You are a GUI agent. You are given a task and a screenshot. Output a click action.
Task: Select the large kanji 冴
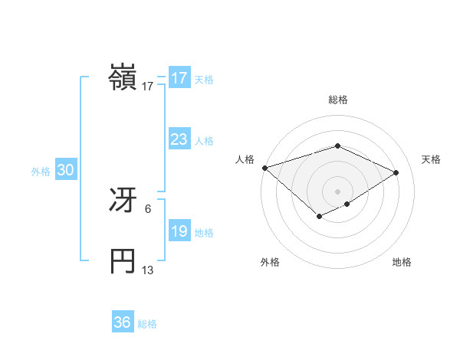pos(123,201)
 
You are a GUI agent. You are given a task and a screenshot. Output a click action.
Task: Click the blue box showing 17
pos(179,78)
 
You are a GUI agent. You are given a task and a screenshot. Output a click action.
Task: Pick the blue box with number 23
pos(179,139)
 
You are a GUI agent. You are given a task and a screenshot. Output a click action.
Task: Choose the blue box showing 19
pos(179,231)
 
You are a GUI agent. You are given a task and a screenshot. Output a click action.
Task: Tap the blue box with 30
pos(65,171)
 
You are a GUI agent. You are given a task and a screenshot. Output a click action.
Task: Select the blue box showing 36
pos(123,322)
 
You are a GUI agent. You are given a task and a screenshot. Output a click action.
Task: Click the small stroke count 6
pos(148,208)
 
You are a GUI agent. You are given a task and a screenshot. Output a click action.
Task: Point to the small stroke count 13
pos(148,270)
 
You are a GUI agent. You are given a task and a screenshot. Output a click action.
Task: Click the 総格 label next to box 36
pos(147,324)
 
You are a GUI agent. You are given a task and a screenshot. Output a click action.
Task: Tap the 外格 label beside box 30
pos(41,172)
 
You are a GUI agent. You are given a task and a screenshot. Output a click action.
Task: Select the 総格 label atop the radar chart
pos(337,100)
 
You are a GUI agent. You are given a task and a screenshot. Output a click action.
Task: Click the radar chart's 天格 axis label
pos(432,159)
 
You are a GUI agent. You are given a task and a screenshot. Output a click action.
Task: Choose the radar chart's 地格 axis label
pos(402,263)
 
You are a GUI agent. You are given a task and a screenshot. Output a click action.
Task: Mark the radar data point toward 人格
pos(264,167)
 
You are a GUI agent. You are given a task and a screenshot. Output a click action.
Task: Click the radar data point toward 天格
pos(396,172)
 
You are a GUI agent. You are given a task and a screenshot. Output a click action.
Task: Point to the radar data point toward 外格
pos(319,218)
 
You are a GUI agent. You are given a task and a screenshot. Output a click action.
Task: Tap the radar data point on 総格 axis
pos(337,146)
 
